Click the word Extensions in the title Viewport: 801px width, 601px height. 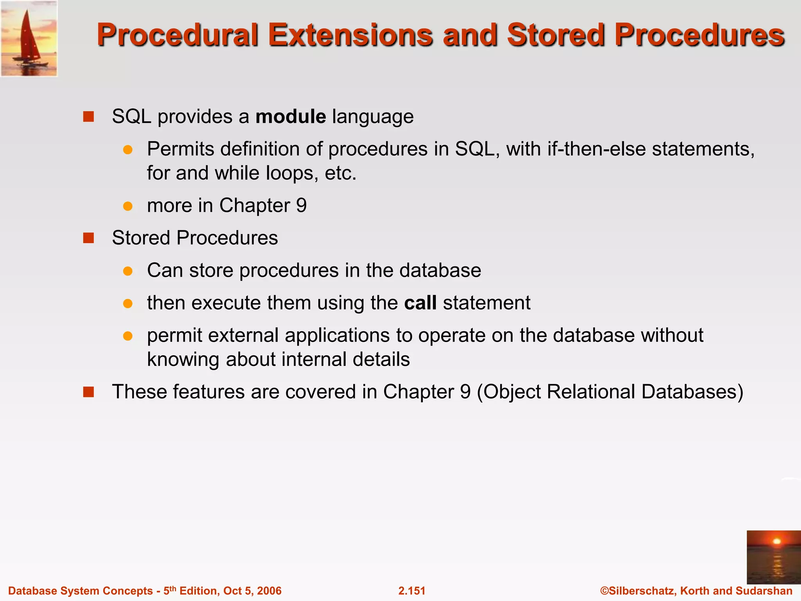coord(350,35)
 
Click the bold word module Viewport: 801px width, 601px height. coord(291,117)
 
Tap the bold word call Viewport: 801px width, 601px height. coord(420,303)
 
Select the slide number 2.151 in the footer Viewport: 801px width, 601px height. coord(411,590)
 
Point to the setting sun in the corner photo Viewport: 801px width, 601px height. coord(777,542)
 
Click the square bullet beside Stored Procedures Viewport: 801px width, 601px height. coord(89,238)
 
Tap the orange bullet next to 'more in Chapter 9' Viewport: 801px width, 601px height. coord(128,206)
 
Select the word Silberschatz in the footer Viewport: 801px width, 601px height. coord(641,590)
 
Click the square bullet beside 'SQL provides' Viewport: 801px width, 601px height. coord(89,117)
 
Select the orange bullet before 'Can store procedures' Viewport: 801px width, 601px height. coord(128,271)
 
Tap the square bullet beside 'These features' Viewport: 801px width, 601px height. coord(89,392)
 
